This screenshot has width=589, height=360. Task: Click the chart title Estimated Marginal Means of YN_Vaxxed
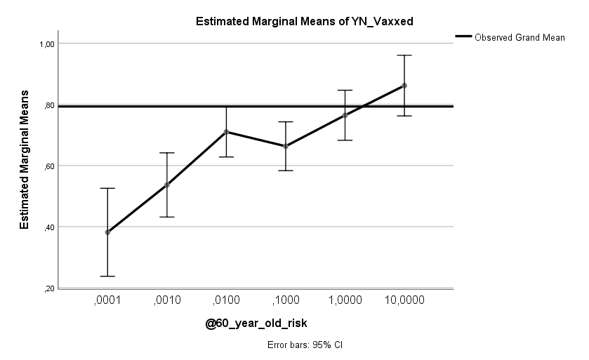tap(303, 21)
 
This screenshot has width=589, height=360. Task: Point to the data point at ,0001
tap(107, 232)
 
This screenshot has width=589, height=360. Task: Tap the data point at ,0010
tap(167, 185)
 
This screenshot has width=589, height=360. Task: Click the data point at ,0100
tap(226, 132)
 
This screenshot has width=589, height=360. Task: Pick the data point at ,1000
tap(286, 146)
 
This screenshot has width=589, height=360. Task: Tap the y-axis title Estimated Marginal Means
tap(24, 159)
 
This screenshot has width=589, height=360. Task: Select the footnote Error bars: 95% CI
tap(305, 345)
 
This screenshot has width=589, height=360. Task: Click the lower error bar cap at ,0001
tap(107, 276)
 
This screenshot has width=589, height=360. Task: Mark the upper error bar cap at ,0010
tap(167, 152)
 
